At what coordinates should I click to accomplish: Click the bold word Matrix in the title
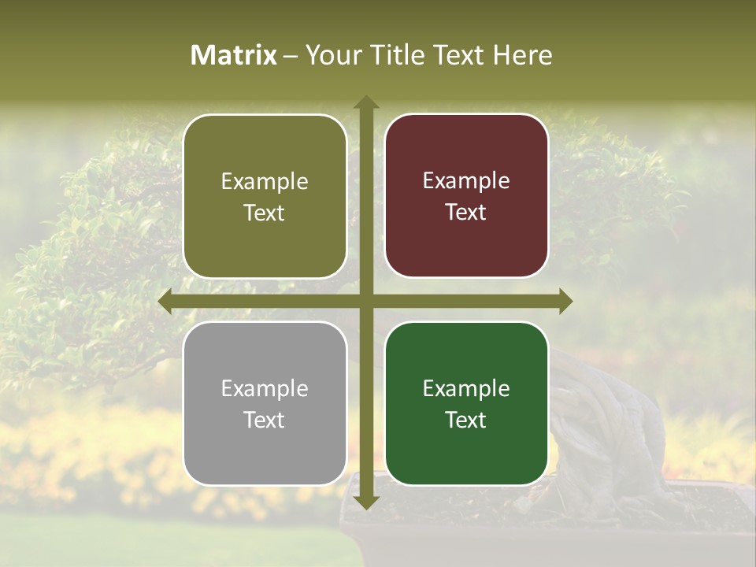click(x=234, y=55)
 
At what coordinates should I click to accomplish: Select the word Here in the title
click(x=523, y=55)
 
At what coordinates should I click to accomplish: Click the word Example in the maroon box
click(x=466, y=180)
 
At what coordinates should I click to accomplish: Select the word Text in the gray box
click(x=264, y=420)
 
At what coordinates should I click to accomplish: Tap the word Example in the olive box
click(x=265, y=181)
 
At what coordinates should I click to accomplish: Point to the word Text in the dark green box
click(x=466, y=420)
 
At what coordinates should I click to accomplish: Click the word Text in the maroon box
click(x=466, y=213)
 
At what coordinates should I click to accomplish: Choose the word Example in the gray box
click(x=265, y=388)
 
